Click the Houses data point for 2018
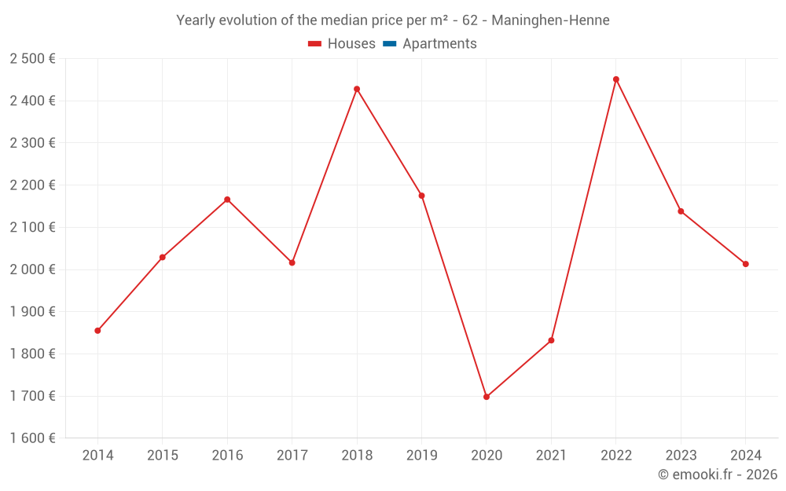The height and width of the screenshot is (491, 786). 357,89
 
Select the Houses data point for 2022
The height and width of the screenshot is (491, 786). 616,79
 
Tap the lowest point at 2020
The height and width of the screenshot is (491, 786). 487,397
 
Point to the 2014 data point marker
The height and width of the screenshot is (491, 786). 97,331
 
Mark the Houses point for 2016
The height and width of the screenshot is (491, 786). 227,200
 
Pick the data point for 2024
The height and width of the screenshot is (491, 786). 746,264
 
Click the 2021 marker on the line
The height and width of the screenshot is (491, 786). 551,340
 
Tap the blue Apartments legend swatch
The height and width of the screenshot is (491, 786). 389,44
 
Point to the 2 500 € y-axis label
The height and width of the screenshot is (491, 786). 32,59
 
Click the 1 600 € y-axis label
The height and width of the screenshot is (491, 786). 32,438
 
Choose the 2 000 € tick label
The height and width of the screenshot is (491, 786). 32,269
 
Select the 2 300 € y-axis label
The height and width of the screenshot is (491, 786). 32,143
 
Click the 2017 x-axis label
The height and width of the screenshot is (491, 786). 292,456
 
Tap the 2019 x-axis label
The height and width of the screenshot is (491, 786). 421,456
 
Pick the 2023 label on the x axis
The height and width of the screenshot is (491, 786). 681,456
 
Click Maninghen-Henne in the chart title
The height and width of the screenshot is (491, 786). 550,20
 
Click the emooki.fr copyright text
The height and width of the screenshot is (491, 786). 718,475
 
